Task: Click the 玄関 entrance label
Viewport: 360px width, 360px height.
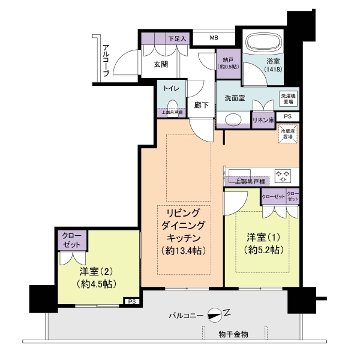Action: pos(160,65)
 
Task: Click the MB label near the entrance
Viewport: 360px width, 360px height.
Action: pos(214,38)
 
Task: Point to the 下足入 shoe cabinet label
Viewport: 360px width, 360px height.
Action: pos(178,38)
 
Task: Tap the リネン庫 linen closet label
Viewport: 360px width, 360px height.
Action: pos(263,120)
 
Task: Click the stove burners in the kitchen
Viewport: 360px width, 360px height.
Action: pos(283,175)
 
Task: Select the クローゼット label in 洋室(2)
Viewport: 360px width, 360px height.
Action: pos(71,240)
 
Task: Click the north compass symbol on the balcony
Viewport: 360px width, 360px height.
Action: pos(214,314)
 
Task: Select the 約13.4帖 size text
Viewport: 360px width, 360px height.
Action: pos(182,251)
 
